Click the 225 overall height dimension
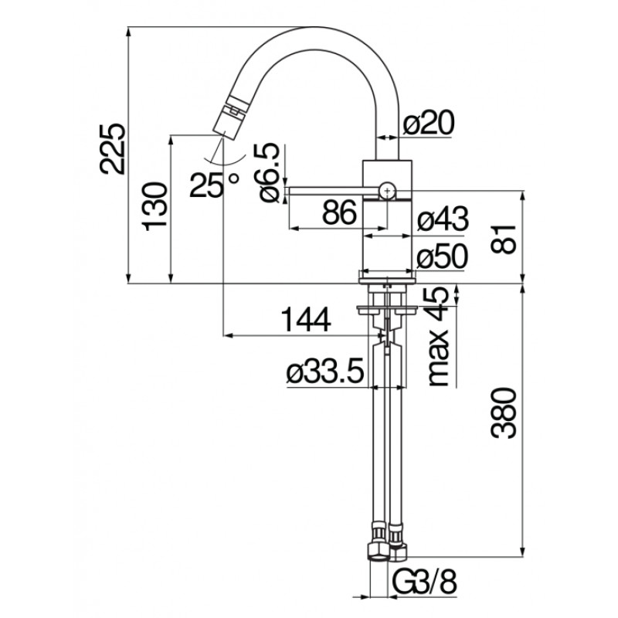(x=113, y=148)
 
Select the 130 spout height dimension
(x=155, y=206)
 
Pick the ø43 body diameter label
(x=443, y=219)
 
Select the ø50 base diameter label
(x=443, y=256)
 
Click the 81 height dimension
(x=504, y=239)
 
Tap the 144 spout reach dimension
(x=306, y=319)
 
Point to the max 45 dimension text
(x=438, y=336)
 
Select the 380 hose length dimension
(x=504, y=413)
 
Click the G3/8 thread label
(x=424, y=582)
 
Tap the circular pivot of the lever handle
(x=388, y=191)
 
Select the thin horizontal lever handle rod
(x=334, y=191)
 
